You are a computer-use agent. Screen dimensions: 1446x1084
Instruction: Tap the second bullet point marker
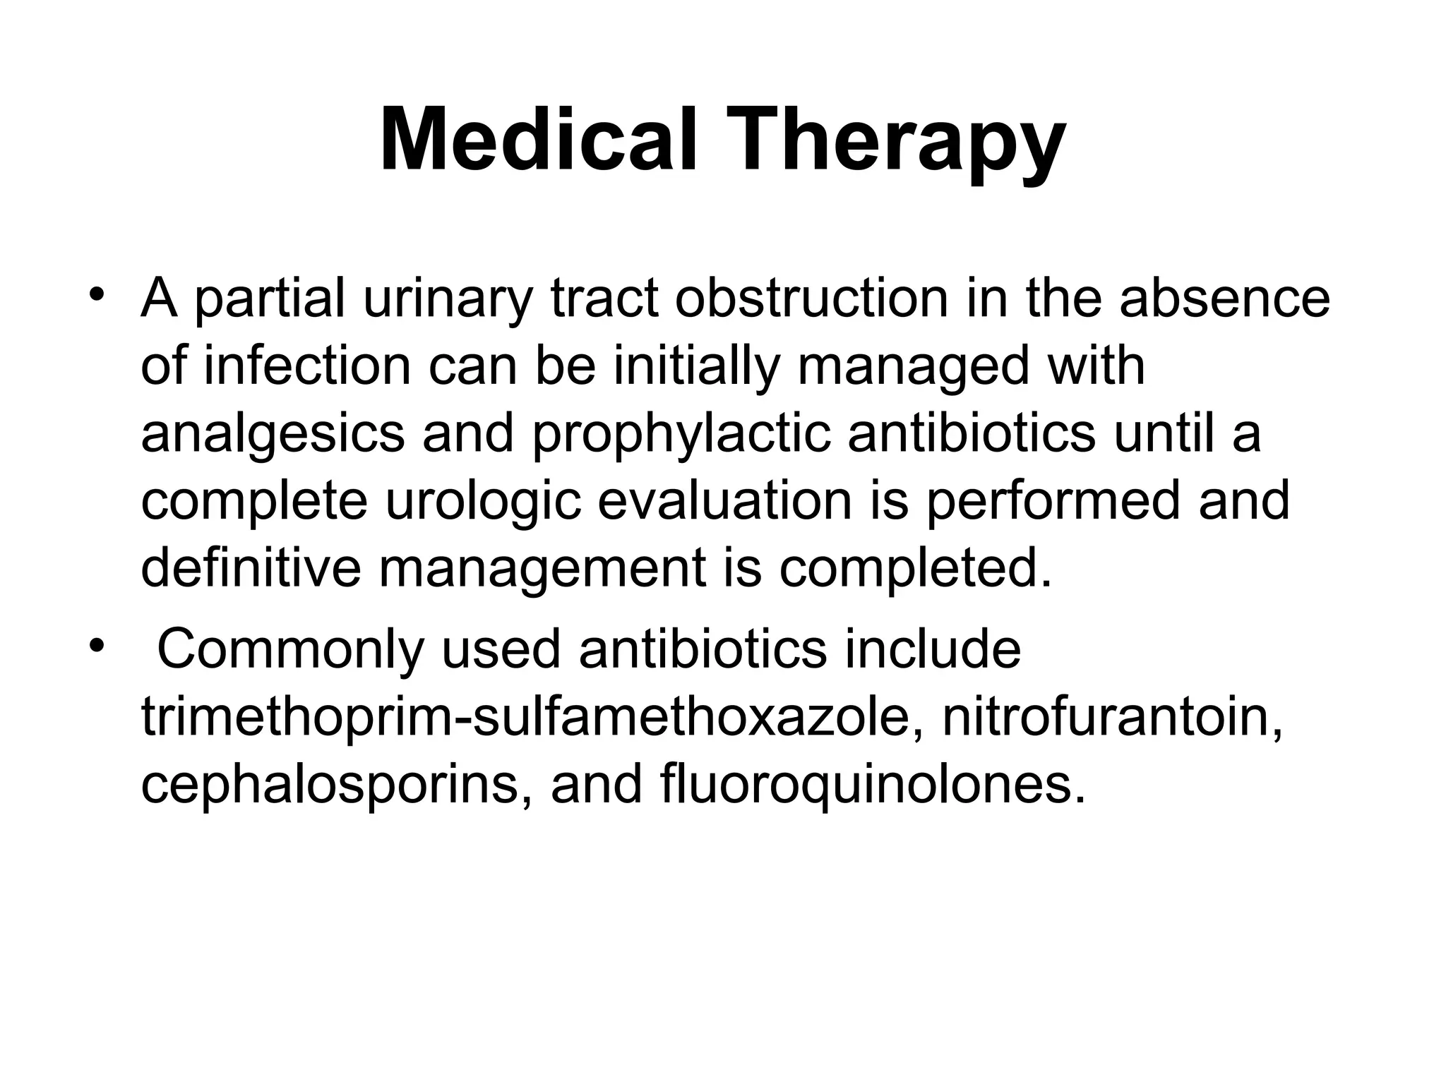[x=97, y=644]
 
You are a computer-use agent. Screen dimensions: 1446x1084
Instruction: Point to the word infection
[x=307, y=366]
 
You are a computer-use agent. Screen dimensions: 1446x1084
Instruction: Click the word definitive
[x=251, y=568]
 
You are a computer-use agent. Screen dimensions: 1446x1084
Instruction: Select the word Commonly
[x=290, y=649]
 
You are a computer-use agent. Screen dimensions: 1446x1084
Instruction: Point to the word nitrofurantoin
[x=1112, y=717]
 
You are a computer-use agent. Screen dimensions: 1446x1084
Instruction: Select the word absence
[x=1224, y=299]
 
